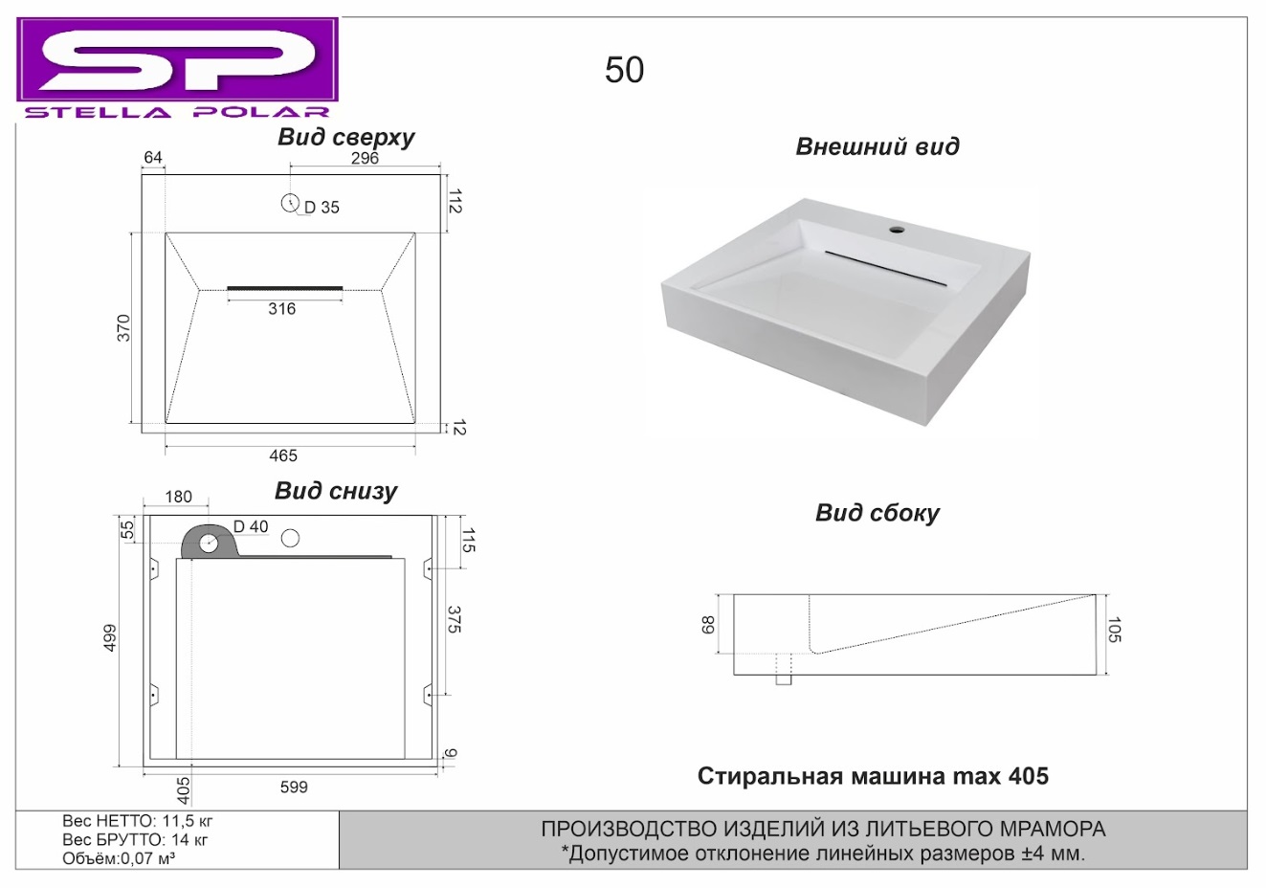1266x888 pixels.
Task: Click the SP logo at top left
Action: pyautogui.click(x=177, y=68)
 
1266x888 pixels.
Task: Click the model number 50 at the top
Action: pyautogui.click(x=624, y=71)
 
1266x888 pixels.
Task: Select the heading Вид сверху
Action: pyautogui.click(x=345, y=138)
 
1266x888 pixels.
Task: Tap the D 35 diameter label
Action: pyautogui.click(x=322, y=208)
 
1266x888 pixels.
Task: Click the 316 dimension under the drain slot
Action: pyautogui.click(x=281, y=309)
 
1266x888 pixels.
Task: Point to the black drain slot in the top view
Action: pyautogui.click(x=285, y=288)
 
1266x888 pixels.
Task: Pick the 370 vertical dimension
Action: pyautogui.click(x=123, y=328)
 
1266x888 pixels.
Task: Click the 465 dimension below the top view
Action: pyautogui.click(x=283, y=455)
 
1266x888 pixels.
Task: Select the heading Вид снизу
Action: pyautogui.click(x=336, y=491)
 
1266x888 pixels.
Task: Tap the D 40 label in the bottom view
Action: pyautogui.click(x=251, y=526)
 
